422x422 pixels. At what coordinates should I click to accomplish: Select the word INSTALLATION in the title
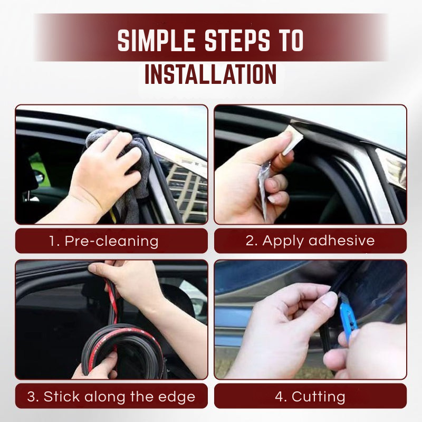210,74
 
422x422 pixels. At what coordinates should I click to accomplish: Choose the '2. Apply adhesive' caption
310,241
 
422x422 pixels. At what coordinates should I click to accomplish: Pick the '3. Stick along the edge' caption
111,396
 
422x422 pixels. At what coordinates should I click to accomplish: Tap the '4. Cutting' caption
310,396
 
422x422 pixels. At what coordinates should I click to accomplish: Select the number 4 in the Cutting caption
280,396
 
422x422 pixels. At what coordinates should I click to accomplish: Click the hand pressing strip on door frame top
124,280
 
